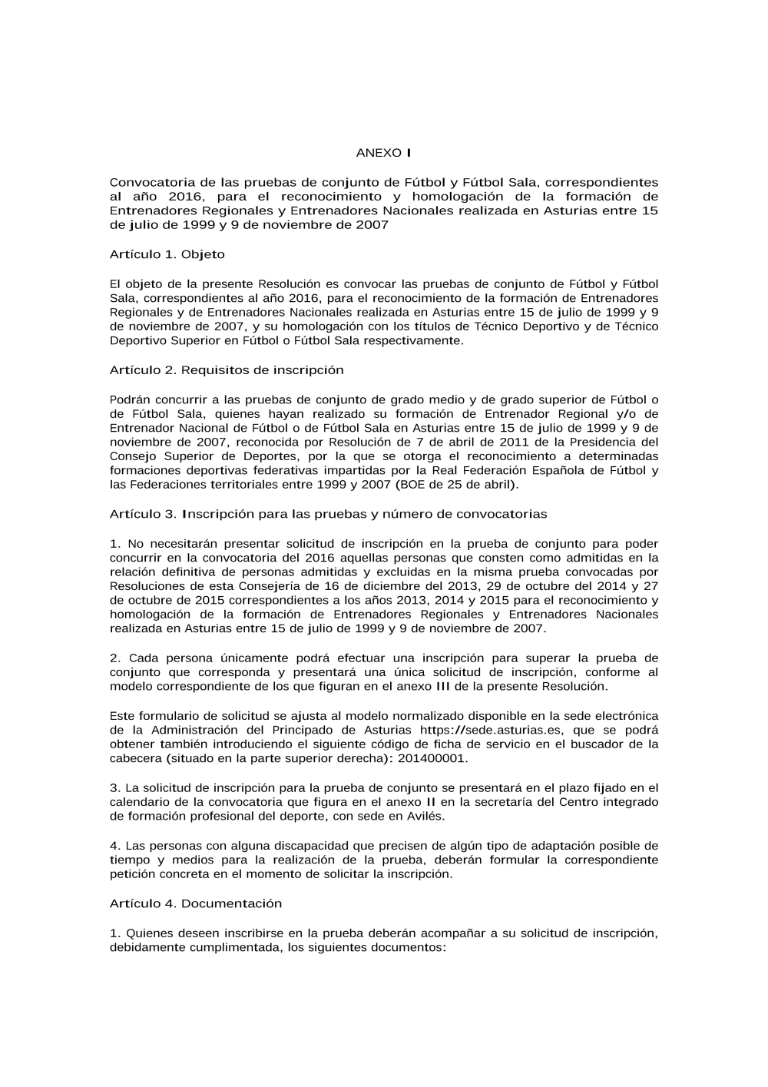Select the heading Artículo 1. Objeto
tap(167, 254)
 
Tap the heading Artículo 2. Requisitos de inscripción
tap(227, 370)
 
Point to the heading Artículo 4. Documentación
tap(196, 904)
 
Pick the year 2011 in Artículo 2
tap(514, 442)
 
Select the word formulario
tap(164, 715)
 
